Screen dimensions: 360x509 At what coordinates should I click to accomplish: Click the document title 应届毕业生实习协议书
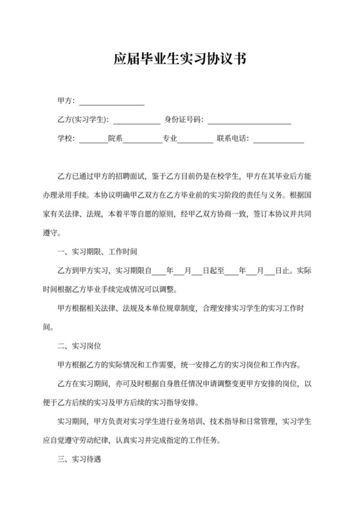coord(179,60)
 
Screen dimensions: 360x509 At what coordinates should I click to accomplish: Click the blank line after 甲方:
coord(111,102)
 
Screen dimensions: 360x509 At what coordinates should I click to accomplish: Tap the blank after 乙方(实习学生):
coord(137,120)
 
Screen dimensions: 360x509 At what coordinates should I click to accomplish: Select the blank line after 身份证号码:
coord(249,120)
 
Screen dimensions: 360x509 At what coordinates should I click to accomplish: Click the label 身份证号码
coord(184,120)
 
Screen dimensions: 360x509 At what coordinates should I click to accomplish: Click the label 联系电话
coord(233,138)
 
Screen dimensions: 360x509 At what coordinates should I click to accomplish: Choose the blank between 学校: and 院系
coord(93,139)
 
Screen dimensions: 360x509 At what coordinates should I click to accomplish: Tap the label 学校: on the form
coord(66,138)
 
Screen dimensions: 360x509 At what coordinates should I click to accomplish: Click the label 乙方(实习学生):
coord(83,120)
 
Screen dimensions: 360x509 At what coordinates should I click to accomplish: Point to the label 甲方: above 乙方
coord(66,101)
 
